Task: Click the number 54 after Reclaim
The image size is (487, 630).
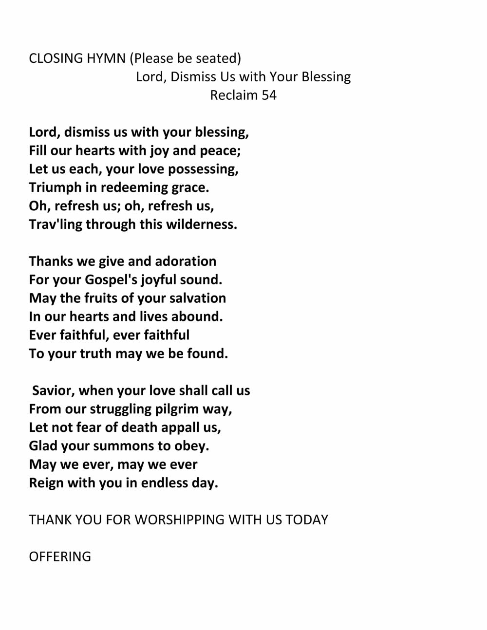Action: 269,95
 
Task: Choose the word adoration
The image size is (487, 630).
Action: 186,261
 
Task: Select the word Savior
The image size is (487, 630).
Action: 53,391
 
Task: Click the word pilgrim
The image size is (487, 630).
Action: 177,409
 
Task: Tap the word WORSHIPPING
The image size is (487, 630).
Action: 180,520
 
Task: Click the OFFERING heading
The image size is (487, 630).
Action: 60,557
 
